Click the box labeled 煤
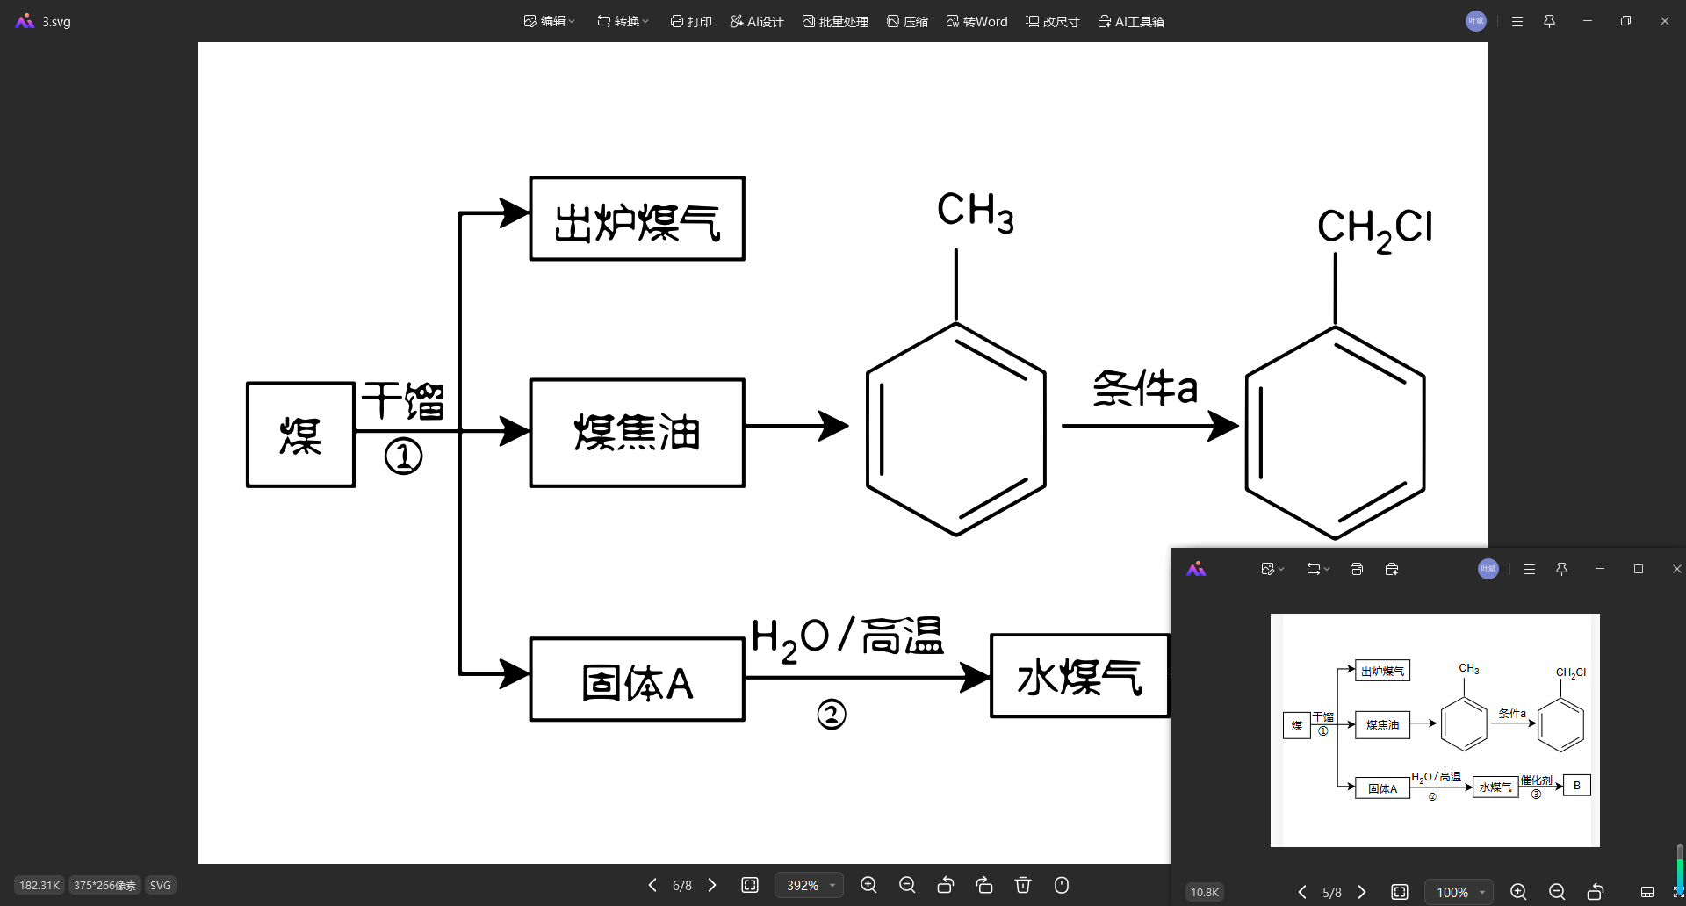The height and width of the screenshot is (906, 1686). coord(300,435)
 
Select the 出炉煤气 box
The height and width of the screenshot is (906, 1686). coord(637,219)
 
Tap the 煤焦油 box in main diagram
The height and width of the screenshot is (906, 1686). coord(637,433)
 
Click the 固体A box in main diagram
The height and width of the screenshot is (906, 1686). coord(637,680)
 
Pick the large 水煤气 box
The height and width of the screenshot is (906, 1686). coord(1079,676)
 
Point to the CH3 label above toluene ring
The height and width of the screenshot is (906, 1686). coord(975,212)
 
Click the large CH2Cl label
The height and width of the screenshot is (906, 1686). coord(1374,228)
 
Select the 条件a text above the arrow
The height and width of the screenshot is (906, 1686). coord(1144,387)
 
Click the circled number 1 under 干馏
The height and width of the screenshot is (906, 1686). coord(403,457)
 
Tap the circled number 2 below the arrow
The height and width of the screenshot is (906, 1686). coord(831,714)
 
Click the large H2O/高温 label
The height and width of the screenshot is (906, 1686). coord(847,637)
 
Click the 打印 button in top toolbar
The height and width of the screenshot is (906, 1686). coord(691,21)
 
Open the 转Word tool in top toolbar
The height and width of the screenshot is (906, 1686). coord(976,21)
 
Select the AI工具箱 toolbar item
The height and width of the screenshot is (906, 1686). coord(1131,21)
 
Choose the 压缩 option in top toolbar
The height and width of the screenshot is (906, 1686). coord(907,21)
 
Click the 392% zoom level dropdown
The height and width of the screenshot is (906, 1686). coord(809,885)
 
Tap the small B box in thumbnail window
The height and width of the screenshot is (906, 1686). coord(1577,785)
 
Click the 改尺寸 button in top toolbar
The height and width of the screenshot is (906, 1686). coord(1052,21)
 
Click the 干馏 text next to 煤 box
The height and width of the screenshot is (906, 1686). coord(403,401)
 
